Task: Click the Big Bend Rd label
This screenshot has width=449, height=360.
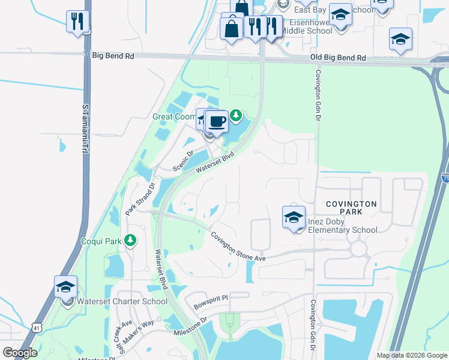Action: click(113, 55)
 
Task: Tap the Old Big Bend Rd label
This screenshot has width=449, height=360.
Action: click(338, 58)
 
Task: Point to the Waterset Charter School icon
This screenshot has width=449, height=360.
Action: click(65, 287)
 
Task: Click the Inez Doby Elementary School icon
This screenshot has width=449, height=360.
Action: click(294, 218)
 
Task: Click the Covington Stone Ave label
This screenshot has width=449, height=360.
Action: click(238, 247)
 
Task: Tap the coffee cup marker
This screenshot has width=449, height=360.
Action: click(217, 121)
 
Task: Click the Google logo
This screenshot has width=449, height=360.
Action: click(20, 353)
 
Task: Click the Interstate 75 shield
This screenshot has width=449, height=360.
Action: click(445, 178)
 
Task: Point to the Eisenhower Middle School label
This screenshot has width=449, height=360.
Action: click(303, 26)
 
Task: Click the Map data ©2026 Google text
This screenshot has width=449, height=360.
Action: click(411, 355)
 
